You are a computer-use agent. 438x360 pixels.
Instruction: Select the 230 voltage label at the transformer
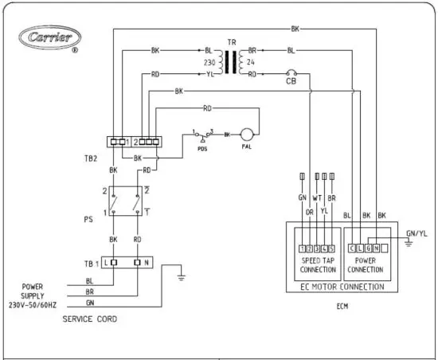pos(209,61)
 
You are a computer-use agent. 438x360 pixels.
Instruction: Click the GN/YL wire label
pos(416,233)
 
